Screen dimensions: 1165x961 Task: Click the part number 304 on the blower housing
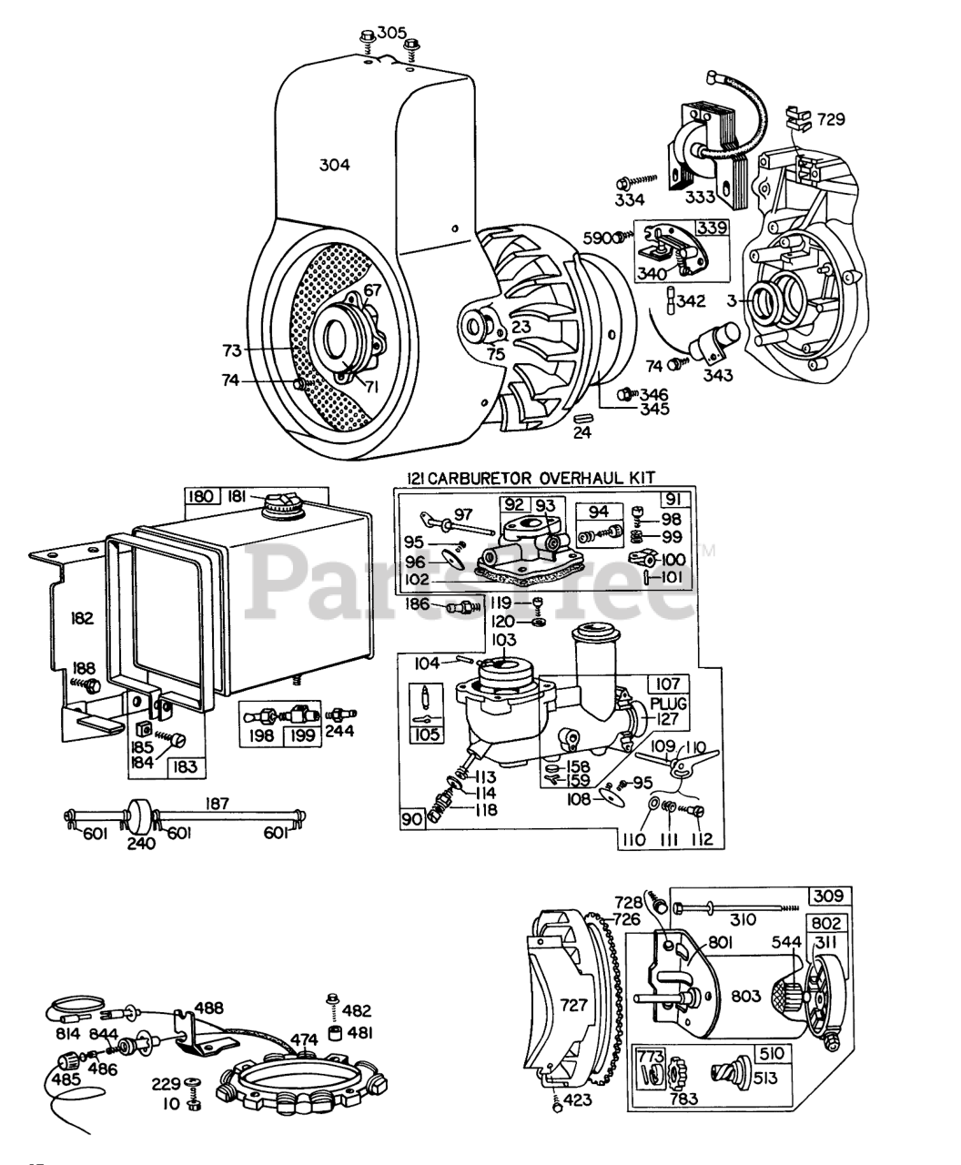334,165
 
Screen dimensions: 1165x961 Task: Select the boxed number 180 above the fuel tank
200,496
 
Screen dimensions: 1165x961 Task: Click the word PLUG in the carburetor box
668,704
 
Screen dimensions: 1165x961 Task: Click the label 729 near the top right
830,118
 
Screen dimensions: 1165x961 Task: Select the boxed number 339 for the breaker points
712,228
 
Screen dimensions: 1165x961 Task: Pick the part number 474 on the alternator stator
305,1039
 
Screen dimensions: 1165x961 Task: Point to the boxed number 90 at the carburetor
413,819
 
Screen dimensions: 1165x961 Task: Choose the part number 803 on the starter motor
746,997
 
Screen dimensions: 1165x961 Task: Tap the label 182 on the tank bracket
83,618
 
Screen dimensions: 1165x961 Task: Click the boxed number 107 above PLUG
668,684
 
